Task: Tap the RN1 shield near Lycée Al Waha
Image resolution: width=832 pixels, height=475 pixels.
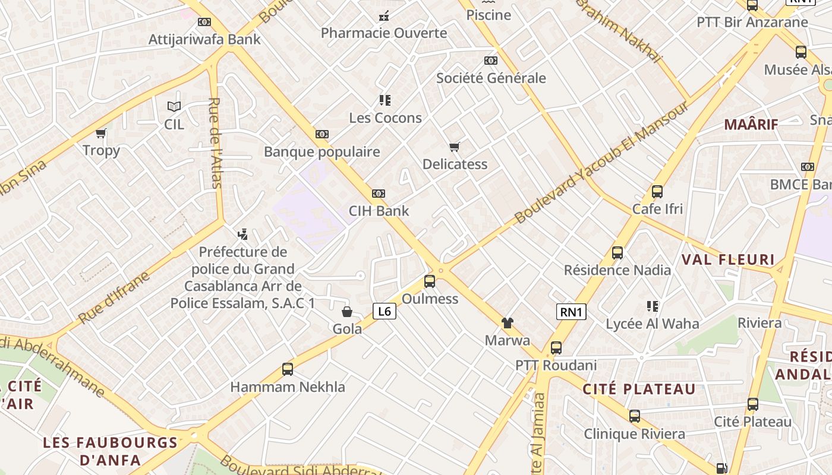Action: (x=571, y=312)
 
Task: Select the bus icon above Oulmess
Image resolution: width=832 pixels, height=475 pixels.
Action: (x=430, y=281)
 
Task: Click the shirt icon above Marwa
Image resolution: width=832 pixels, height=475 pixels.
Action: (x=508, y=323)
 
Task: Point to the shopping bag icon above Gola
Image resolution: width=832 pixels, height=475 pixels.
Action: (x=347, y=312)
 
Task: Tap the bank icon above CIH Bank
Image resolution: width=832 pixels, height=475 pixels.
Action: (x=379, y=194)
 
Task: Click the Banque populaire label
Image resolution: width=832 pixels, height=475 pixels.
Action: (x=322, y=151)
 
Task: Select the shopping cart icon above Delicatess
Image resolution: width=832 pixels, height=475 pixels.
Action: (x=455, y=147)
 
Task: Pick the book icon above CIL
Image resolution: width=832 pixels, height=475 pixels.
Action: (x=174, y=107)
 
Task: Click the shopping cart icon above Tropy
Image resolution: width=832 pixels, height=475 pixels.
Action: (x=101, y=133)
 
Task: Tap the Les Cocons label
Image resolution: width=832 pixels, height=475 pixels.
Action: (x=385, y=118)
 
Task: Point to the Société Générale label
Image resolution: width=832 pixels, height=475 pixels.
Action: (x=491, y=78)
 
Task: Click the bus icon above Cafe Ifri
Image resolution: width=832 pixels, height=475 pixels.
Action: (x=657, y=192)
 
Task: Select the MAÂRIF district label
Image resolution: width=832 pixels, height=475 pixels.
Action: (x=751, y=125)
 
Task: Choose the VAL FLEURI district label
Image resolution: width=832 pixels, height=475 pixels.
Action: (x=728, y=259)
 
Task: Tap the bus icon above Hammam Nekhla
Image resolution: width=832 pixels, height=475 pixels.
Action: (x=288, y=369)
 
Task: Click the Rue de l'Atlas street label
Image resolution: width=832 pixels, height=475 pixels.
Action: (x=215, y=142)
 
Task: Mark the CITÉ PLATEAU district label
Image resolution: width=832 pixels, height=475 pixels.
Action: (x=639, y=389)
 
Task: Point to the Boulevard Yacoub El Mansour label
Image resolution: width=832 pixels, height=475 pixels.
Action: (x=601, y=162)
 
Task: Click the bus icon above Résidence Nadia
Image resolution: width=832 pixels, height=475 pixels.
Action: (x=617, y=253)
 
